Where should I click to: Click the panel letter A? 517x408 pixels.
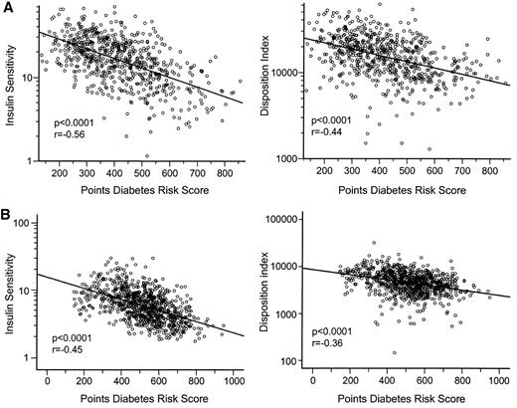click(7, 9)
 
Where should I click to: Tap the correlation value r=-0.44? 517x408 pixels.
click(330, 131)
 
